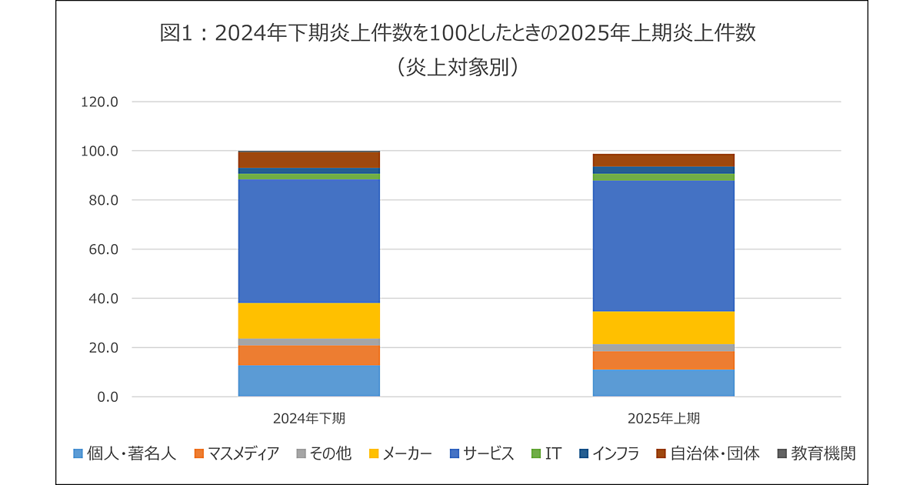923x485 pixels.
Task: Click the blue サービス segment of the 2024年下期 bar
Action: [x=308, y=241]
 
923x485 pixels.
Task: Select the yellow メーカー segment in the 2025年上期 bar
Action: [x=663, y=327]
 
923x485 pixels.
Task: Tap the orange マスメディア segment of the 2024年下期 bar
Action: [x=308, y=355]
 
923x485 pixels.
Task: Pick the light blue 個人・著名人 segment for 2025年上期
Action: [x=663, y=383]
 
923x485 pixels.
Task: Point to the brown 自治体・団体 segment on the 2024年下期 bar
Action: [x=308, y=159]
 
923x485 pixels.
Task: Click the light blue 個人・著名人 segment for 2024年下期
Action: [x=308, y=380]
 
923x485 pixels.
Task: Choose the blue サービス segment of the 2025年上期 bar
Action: [x=663, y=246]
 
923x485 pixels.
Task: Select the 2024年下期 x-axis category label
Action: [x=308, y=420]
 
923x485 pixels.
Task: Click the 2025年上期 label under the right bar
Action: [x=663, y=420]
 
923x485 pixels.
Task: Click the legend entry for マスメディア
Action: [x=237, y=453]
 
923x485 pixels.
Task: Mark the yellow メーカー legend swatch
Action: [x=374, y=453]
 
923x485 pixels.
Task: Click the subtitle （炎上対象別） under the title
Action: [x=461, y=67]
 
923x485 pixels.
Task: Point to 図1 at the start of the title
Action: [x=175, y=33]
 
